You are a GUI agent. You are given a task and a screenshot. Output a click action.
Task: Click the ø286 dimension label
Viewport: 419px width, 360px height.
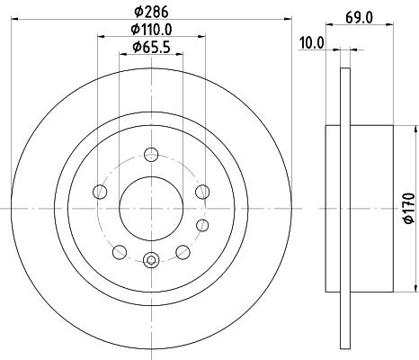click(x=151, y=12)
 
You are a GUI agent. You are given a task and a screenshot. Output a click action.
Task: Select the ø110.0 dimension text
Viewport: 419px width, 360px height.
click(x=151, y=30)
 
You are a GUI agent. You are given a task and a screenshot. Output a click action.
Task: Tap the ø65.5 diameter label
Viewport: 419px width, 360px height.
click(x=151, y=47)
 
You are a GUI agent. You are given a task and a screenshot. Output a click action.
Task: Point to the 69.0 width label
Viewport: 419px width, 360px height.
click(x=359, y=18)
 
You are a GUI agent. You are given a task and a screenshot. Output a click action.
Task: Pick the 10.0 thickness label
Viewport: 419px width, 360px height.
click(x=312, y=43)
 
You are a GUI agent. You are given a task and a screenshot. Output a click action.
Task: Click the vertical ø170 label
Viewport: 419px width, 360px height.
click(x=409, y=208)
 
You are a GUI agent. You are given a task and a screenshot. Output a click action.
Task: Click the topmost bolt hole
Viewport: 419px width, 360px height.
click(x=151, y=155)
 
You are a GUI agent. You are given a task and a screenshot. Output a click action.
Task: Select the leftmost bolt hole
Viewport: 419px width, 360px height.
click(x=100, y=192)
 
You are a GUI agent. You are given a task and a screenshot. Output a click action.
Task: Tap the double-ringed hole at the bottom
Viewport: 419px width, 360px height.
click(x=151, y=260)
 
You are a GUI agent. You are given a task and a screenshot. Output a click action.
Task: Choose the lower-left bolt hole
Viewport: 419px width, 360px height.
click(x=120, y=252)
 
